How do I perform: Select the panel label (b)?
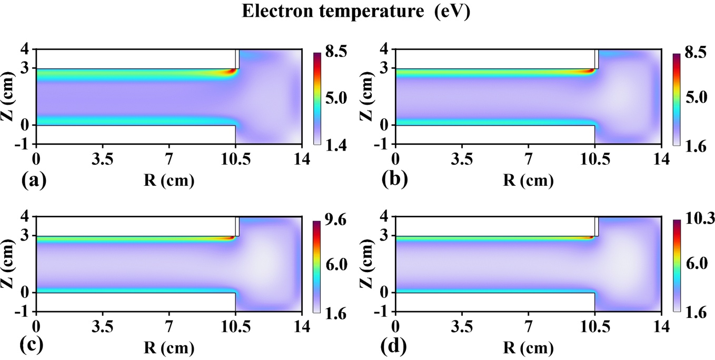coord(394,181)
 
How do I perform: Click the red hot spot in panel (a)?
coord(230,72)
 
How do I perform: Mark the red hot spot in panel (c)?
coord(230,238)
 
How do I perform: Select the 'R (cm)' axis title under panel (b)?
coord(531,181)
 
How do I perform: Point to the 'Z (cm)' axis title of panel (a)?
coord(11,97)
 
